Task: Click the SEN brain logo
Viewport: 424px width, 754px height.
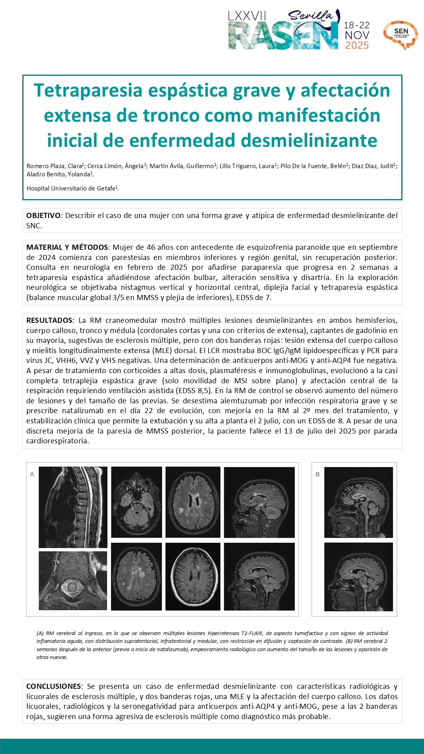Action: (400, 35)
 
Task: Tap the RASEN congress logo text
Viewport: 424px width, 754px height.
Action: (283, 36)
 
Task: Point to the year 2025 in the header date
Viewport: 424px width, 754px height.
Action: (357, 46)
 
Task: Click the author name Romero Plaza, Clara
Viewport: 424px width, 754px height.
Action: (55, 166)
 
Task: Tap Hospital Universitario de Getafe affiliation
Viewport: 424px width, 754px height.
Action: (71, 188)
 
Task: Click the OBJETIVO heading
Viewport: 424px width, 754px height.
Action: (43, 216)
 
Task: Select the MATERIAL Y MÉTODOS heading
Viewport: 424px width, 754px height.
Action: (67, 247)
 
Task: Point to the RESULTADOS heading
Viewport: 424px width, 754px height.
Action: (49, 320)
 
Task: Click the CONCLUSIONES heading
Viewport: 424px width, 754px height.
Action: (54, 686)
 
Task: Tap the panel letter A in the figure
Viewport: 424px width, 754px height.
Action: (32, 474)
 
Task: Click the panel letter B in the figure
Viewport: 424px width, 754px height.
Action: (317, 474)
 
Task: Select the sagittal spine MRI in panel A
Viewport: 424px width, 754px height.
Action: (73, 507)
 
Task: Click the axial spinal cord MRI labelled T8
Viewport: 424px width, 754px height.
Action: (73, 580)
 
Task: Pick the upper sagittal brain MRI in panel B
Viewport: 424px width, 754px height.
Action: (358, 502)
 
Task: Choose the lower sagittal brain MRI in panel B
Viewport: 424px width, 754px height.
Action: (358, 576)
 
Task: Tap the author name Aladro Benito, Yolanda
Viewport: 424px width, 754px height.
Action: (59, 174)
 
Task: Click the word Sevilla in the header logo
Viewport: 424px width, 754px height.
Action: (310, 16)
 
